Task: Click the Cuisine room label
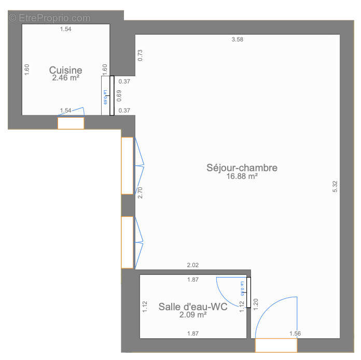(x=65, y=70)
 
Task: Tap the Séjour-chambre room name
(x=242, y=168)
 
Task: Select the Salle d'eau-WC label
(x=193, y=307)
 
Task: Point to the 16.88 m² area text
(x=242, y=176)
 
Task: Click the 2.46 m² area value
(x=65, y=78)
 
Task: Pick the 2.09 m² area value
(x=193, y=315)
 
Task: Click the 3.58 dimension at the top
(x=237, y=39)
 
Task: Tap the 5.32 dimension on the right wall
(x=335, y=187)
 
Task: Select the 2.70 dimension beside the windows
(x=140, y=193)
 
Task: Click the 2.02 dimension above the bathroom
(x=192, y=265)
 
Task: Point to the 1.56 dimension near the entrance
(x=295, y=334)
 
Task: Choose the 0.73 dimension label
(x=140, y=55)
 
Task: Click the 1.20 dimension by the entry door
(x=255, y=304)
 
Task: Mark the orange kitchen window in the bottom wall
(x=71, y=123)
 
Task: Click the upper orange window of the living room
(x=127, y=165)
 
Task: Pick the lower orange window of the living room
(x=127, y=242)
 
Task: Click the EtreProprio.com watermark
(x=49, y=18)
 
